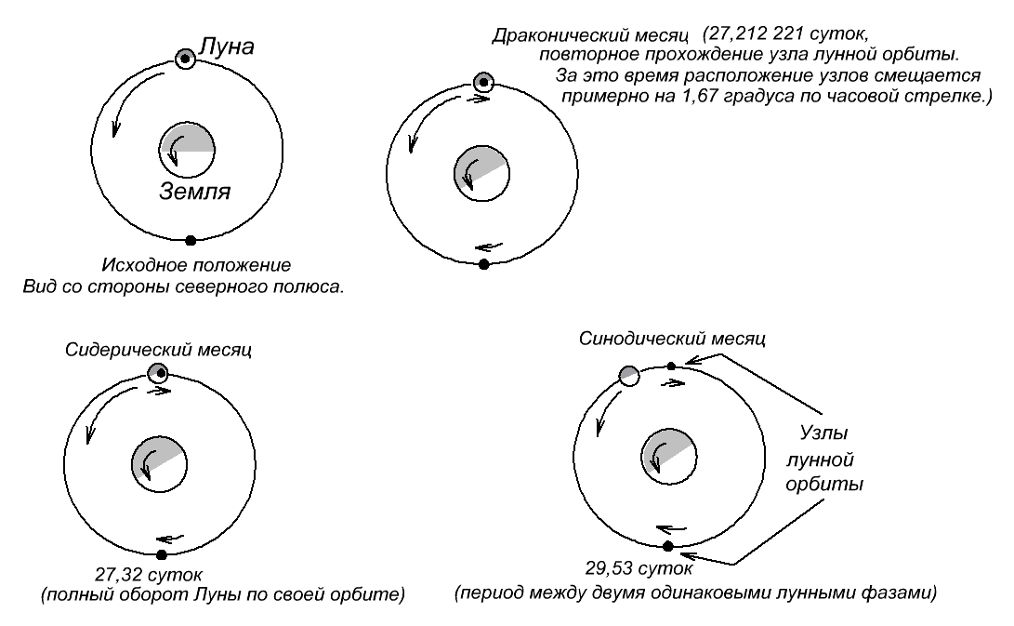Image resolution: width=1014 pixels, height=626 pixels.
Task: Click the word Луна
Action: pos(226,47)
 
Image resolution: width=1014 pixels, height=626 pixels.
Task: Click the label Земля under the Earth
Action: pos(194,191)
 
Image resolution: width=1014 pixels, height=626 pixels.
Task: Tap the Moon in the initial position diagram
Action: pos(185,59)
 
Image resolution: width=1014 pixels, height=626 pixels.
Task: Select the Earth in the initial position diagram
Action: pos(187,151)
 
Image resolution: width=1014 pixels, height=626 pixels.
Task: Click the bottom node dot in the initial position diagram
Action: pos(191,241)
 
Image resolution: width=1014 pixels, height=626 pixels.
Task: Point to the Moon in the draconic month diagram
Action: pos(483,82)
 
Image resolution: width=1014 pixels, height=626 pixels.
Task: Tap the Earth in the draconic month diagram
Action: pos(481,174)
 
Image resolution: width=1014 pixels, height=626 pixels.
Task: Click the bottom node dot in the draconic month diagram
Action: pos(483,264)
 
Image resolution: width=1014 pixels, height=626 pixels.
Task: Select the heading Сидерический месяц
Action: pos(158,350)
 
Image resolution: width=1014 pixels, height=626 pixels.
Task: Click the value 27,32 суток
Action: pos(149,574)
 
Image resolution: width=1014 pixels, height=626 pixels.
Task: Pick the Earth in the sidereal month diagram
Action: pos(159,464)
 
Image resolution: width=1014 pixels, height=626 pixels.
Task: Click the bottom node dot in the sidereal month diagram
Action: pos(162,554)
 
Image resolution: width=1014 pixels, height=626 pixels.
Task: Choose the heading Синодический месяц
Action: pos(672,339)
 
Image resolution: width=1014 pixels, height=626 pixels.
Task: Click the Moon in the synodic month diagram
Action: pos(629,376)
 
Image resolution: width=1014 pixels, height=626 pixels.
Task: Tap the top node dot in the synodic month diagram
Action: pos(671,366)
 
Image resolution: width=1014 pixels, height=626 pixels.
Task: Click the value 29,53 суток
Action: pos(639,568)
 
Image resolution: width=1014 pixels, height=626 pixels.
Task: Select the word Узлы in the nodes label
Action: pos(823,433)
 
